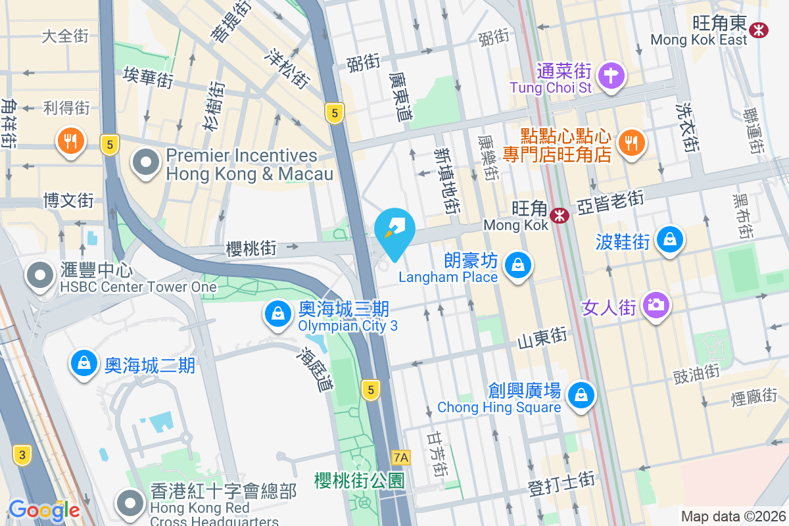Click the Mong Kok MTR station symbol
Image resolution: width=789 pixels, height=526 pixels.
coord(560,215)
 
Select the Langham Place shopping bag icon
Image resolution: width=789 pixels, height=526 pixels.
coord(518,265)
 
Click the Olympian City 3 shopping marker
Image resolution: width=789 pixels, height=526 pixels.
coord(279,314)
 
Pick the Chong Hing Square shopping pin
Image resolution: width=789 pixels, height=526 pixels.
coord(581,394)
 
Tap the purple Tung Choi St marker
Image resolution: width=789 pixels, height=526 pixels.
coord(611,75)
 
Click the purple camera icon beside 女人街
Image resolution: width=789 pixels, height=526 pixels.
coord(655,304)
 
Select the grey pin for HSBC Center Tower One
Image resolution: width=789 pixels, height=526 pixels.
coord(40,275)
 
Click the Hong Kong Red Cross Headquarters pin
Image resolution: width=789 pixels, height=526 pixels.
coord(130,504)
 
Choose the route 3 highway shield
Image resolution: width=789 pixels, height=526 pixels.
coord(22,454)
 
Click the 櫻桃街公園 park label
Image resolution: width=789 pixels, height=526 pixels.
coord(359,480)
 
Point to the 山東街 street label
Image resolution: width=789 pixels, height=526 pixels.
coord(542,337)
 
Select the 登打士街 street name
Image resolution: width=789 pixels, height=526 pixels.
coord(562,488)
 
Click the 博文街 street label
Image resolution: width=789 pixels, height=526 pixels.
coord(68,200)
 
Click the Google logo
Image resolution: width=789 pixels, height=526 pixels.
coord(44,510)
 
